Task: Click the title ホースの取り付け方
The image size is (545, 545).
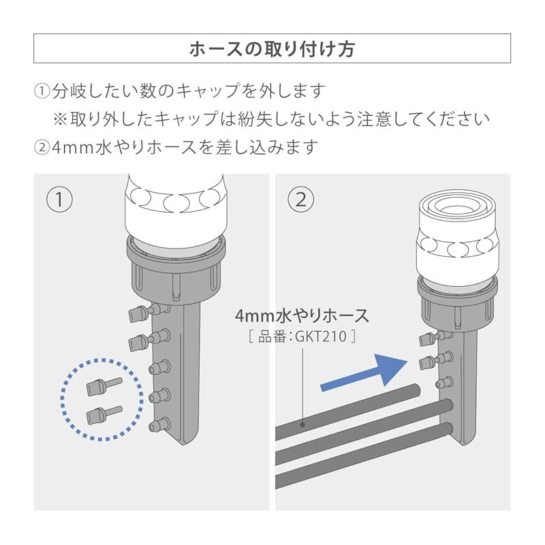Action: (272, 50)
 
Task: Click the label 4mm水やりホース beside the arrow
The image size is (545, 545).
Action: (302, 316)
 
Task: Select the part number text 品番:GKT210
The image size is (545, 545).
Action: (302, 336)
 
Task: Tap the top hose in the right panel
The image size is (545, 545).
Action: (347, 407)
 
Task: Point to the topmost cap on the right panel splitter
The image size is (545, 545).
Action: (427, 339)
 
